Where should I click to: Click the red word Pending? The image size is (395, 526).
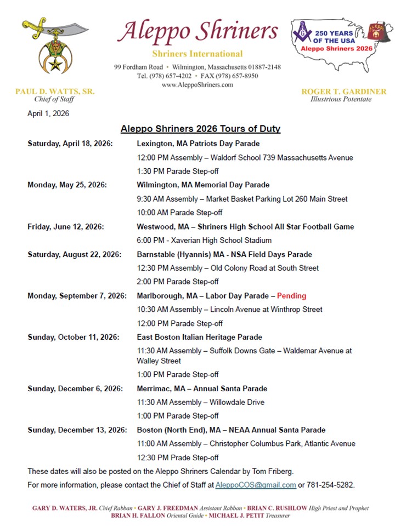point(291,296)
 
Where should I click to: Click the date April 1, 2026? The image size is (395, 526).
point(48,113)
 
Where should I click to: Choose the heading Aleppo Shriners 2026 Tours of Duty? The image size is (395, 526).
point(200,129)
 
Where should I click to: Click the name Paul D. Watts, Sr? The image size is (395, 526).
point(55,92)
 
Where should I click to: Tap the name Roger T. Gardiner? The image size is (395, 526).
point(344,92)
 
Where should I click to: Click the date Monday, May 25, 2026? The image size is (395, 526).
point(67,185)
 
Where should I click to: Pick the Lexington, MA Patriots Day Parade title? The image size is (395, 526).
point(198,144)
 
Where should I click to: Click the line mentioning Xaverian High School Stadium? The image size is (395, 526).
point(204,240)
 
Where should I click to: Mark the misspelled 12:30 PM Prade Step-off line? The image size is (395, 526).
point(178,458)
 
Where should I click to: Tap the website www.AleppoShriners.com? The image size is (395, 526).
point(198,85)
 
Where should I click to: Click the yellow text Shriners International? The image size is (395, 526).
point(198,54)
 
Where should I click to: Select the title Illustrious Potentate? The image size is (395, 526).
point(341,99)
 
